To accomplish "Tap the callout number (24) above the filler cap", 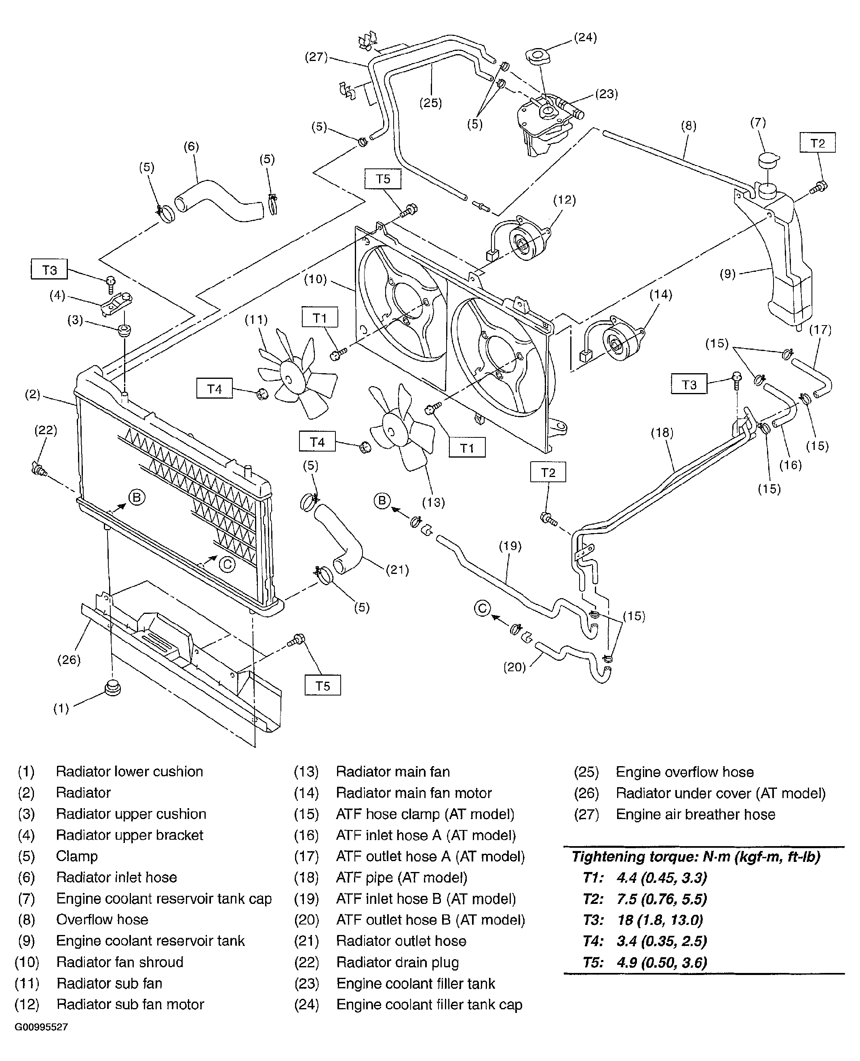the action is [x=585, y=38].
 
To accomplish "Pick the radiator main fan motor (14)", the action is [x=617, y=341].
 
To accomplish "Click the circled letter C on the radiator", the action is [x=227, y=564].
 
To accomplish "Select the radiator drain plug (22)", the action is [x=38, y=468].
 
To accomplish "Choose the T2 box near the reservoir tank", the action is [x=818, y=143].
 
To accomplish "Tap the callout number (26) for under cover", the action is [x=68, y=660].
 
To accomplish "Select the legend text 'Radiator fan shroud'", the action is [x=120, y=962].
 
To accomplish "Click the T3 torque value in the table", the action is [x=660, y=920].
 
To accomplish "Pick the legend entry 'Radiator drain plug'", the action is [x=397, y=962].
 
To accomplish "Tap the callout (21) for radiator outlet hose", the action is [x=397, y=570].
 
